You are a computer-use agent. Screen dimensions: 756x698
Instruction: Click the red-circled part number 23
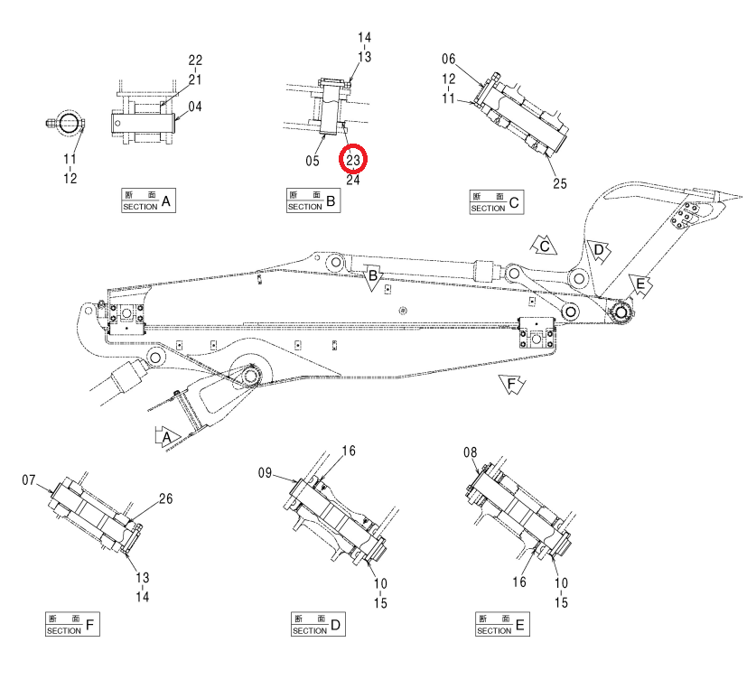pos(353,160)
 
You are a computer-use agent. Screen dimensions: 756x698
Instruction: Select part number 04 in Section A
pos(195,107)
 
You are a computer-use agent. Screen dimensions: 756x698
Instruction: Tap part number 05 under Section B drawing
pos(313,161)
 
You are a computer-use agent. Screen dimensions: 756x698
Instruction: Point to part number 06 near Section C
pos(448,59)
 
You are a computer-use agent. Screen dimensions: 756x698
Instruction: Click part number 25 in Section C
pos(560,183)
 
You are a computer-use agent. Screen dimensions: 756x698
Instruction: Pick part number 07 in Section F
pos(29,480)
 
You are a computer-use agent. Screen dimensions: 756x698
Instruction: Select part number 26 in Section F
pos(165,498)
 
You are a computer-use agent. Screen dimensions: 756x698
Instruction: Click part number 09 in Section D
pos(265,473)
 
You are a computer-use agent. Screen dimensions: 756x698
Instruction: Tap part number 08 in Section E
pos(470,452)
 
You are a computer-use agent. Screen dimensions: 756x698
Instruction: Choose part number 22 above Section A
pos(195,60)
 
